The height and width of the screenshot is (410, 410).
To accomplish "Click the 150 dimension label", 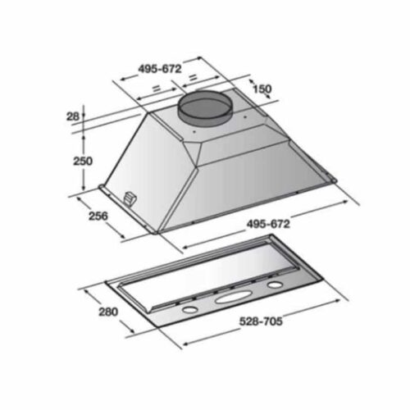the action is (x=262, y=89).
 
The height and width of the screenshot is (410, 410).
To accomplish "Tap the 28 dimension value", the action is (x=73, y=116).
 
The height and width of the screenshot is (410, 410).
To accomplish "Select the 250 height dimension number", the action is (x=83, y=161).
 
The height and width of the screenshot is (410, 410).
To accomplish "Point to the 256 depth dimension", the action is (x=98, y=216).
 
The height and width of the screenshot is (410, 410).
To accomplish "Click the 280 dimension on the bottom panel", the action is (x=108, y=312).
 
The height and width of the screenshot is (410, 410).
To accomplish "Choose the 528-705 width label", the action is (x=261, y=321).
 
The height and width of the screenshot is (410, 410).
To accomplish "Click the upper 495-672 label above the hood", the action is (x=160, y=69).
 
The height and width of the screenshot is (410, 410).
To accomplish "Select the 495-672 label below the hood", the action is (x=268, y=224).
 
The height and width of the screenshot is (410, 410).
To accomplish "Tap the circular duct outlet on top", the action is (x=205, y=107).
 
